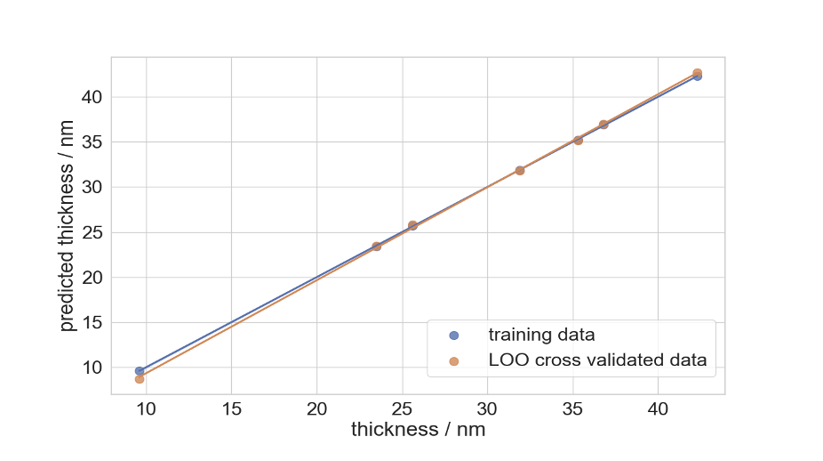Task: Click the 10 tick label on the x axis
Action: tap(146, 409)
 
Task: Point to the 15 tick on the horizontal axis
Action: tap(231, 409)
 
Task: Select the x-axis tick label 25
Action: tap(402, 409)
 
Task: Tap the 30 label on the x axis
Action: tap(487, 409)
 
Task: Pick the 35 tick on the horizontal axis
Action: tap(572, 409)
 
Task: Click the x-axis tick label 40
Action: tap(658, 409)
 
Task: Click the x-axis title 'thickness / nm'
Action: tap(418, 430)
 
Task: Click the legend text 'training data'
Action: tap(541, 336)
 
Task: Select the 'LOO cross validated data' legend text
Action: tap(597, 360)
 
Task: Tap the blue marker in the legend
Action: tap(454, 336)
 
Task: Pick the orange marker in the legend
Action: tap(454, 360)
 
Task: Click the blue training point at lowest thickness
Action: tap(140, 370)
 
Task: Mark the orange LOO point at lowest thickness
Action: tap(140, 379)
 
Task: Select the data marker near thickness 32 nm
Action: tap(520, 170)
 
